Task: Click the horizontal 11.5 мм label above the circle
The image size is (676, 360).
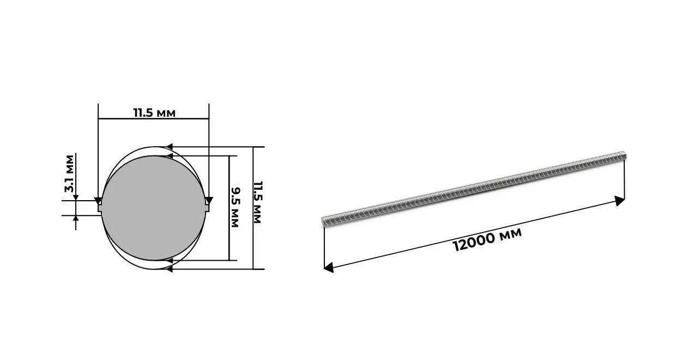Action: (x=154, y=113)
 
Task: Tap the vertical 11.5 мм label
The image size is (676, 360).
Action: (x=257, y=202)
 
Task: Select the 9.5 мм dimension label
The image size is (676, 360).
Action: (x=235, y=207)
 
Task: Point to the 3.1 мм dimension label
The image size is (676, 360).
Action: (x=69, y=173)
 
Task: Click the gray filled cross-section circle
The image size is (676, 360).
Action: (x=153, y=208)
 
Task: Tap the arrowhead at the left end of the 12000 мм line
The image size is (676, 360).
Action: (x=328, y=267)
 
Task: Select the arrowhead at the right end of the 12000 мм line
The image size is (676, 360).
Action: (x=619, y=201)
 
